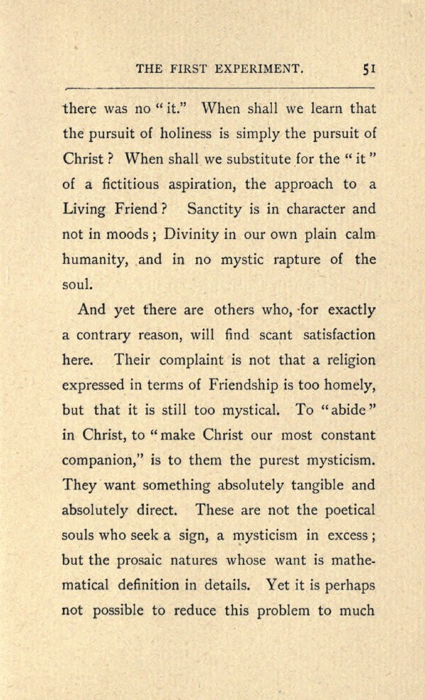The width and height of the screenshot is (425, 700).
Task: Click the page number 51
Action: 369,69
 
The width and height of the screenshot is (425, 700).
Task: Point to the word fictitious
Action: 122,184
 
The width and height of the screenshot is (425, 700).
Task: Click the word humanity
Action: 95,260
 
